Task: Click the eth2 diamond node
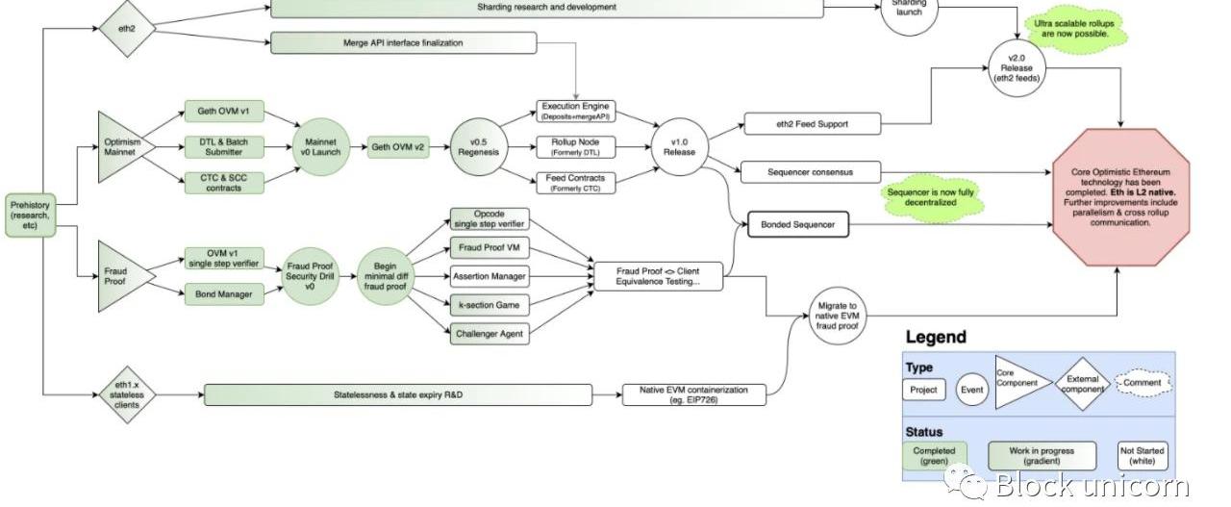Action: pyautogui.click(x=127, y=27)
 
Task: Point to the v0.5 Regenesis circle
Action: pyautogui.click(x=479, y=147)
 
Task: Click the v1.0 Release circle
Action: pyautogui.click(x=679, y=147)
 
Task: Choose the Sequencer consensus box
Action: pyautogui.click(x=810, y=173)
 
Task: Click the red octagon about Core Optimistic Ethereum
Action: pyautogui.click(x=1122, y=196)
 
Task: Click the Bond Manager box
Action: pyautogui.click(x=223, y=294)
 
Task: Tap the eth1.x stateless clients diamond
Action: pyautogui.click(x=127, y=394)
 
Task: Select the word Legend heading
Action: pyautogui.click(x=935, y=337)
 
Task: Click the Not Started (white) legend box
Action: pyautogui.click(x=1142, y=456)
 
